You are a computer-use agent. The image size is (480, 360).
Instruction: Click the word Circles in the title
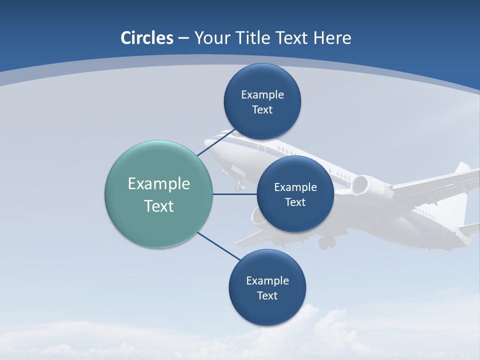[x=147, y=38]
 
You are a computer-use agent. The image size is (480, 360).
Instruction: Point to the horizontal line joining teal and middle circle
[x=234, y=194]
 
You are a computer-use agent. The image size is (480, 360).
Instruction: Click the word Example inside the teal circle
[x=158, y=183]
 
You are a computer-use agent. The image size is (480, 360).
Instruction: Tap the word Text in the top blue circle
[x=262, y=109]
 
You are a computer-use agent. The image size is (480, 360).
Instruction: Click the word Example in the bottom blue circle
[x=267, y=280]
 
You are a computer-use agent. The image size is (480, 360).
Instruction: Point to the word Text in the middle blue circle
[x=295, y=202]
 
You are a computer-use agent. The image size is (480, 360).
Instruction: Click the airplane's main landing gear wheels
[x=326, y=242]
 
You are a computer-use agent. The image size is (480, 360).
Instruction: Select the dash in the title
[x=183, y=38]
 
